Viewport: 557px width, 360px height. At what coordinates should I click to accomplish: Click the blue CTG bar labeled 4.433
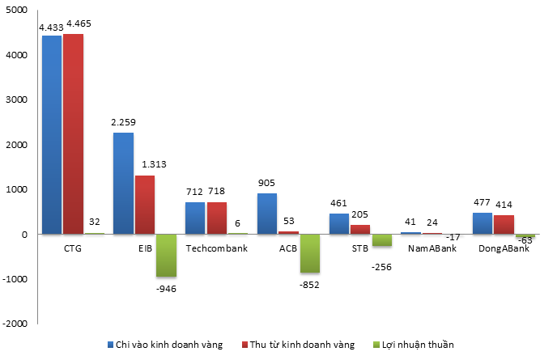pos(52,135)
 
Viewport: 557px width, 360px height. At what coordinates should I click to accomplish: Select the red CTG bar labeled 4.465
pos(73,134)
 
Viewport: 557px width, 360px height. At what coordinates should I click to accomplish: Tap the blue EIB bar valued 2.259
pos(124,184)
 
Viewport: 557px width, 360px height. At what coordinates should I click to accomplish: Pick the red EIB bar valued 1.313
pos(145,205)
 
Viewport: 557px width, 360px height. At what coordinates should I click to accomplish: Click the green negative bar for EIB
pos(166,256)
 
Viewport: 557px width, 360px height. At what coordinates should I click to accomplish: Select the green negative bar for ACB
pos(310,253)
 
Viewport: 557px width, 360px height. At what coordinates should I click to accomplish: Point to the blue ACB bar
pos(267,214)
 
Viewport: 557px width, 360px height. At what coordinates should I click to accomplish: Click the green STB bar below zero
pos(381,240)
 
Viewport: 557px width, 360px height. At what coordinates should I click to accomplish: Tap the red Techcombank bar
pos(217,218)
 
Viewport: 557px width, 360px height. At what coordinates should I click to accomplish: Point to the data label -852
pos(311,284)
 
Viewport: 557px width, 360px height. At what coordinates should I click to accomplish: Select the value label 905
pos(267,183)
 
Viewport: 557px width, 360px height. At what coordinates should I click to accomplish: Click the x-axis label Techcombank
pos(217,248)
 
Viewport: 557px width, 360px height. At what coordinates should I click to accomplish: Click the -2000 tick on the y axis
pos(15,324)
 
